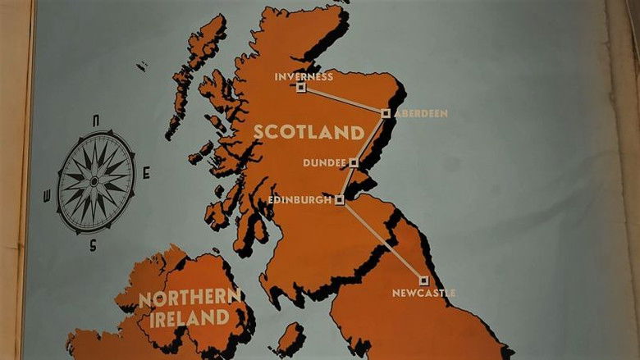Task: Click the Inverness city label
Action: tap(304, 77)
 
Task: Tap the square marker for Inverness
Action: tap(301, 87)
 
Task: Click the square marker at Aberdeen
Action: tap(386, 113)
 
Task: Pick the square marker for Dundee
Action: tap(354, 162)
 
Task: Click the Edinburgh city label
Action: tap(300, 199)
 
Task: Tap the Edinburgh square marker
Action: tap(340, 199)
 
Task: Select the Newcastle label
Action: tap(423, 293)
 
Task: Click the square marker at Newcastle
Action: tap(423, 280)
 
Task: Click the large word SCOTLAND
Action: tap(308, 132)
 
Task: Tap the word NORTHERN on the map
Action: tap(190, 298)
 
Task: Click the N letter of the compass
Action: tap(96, 121)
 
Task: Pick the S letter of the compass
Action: tap(93, 244)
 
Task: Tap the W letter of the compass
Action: tap(46, 194)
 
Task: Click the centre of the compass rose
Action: tap(95, 181)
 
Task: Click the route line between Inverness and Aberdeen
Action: tap(343, 100)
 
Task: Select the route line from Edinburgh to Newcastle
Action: tap(382, 239)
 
